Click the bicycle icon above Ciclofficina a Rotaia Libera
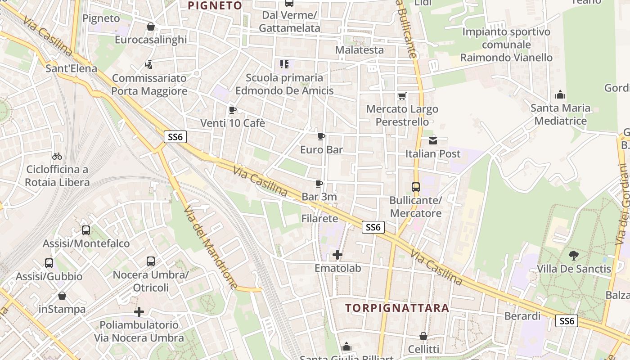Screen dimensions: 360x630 (x=57, y=157)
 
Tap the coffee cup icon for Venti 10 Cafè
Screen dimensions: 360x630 (x=233, y=110)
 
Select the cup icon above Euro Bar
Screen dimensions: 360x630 (x=321, y=136)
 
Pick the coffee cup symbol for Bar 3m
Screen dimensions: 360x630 (x=319, y=184)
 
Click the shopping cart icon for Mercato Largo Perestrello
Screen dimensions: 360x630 (x=402, y=96)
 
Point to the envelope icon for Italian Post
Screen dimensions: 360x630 (x=433, y=141)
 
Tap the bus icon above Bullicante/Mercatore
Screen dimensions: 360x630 (x=416, y=187)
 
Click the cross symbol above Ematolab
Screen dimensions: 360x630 (x=337, y=255)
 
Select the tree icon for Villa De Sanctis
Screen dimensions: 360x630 (x=574, y=256)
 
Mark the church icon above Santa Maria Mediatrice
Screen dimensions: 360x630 (x=560, y=95)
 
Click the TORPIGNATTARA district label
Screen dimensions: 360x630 (x=397, y=308)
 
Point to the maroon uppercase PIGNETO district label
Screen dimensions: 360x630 (x=215, y=5)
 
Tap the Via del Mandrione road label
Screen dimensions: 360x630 (x=210, y=247)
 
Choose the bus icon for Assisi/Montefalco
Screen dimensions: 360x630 (x=86, y=230)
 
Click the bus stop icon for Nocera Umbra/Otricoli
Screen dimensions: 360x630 (x=151, y=261)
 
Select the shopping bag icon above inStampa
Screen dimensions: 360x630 (x=62, y=296)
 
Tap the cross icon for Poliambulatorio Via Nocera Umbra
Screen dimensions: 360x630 (x=139, y=311)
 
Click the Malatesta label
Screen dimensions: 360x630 (x=360, y=49)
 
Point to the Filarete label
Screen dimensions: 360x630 (x=319, y=219)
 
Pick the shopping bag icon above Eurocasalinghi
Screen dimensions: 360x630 (x=151, y=27)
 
